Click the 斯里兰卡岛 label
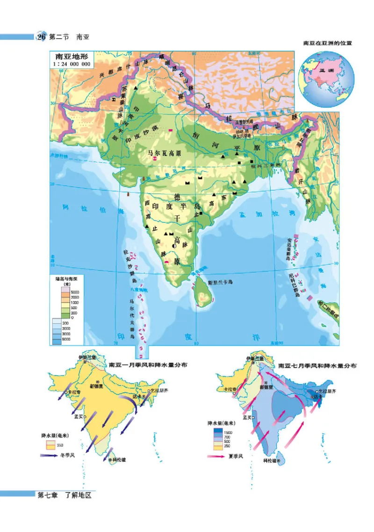coord(220,283)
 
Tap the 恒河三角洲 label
coord(265,165)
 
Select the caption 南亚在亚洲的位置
coord(327,43)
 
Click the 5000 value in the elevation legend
coord(74,292)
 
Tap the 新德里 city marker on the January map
coord(99,382)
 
